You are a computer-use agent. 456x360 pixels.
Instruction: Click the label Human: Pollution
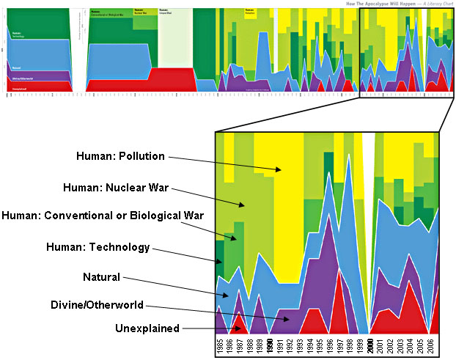tap(121, 155)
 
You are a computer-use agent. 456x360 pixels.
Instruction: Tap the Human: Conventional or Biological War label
tap(102, 215)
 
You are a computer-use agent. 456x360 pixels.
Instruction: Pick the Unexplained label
tap(147, 328)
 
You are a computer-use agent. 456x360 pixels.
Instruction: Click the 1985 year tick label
tap(220, 345)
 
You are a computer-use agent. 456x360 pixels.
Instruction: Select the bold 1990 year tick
tap(271, 345)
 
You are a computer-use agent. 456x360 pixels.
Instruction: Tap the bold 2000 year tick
tap(371, 345)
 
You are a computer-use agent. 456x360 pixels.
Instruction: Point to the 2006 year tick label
tap(432, 345)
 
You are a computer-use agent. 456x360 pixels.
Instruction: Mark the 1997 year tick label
tap(341, 345)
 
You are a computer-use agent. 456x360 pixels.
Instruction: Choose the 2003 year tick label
tap(402, 345)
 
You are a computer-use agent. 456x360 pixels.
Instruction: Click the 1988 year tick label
tap(250, 345)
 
